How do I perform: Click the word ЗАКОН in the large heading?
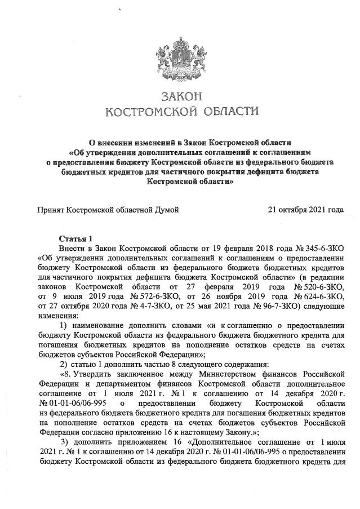point(180,95)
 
